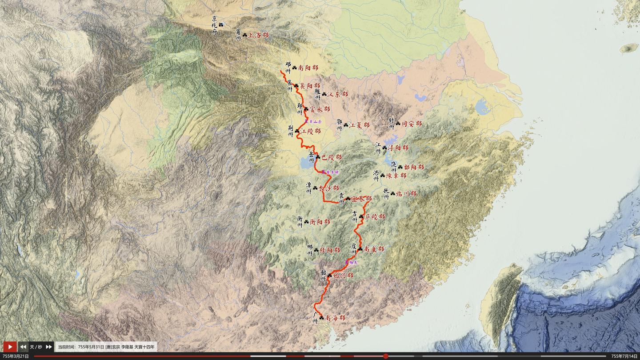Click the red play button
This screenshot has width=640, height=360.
pos(10,347)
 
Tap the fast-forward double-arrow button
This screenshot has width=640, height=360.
pos(48,347)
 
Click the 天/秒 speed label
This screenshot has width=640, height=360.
pos(36,347)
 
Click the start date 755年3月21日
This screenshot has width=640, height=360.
pos(16,356)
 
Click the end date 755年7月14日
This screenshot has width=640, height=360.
pos(624,356)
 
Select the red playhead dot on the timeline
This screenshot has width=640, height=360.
pos(385,356)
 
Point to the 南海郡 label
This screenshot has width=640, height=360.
pos(335,318)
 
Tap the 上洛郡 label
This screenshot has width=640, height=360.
pos(258,35)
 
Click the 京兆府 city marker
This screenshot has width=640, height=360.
pos(221,24)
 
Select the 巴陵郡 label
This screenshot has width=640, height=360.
pos(332,157)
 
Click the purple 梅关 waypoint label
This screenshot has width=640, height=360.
pos(353,262)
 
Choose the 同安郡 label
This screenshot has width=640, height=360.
pos(412,124)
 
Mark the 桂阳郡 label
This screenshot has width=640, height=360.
pos(330,250)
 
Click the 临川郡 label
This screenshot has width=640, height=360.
pos(406,193)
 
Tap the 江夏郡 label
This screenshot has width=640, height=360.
pos(359,125)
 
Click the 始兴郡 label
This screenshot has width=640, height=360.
pos(343,276)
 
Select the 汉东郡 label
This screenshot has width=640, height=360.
pos(338,94)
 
